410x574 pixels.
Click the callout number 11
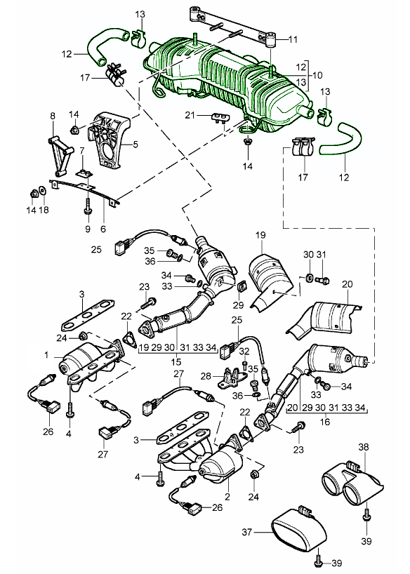pyautogui.click(x=293, y=39)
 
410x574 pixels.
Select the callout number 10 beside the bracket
pyautogui.click(x=317, y=75)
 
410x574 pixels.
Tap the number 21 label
pyautogui.click(x=190, y=115)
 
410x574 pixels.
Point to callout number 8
pyautogui.click(x=53, y=116)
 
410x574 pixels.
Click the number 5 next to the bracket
pyautogui.click(x=135, y=145)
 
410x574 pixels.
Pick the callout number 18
pyautogui.click(x=44, y=210)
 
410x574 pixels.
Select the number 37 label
pyautogui.click(x=247, y=531)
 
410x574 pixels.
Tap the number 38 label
pyautogui.click(x=364, y=447)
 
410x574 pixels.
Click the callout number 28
pyautogui.click(x=206, y=376)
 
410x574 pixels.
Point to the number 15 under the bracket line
pyautogui.click(x=176, y=361)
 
